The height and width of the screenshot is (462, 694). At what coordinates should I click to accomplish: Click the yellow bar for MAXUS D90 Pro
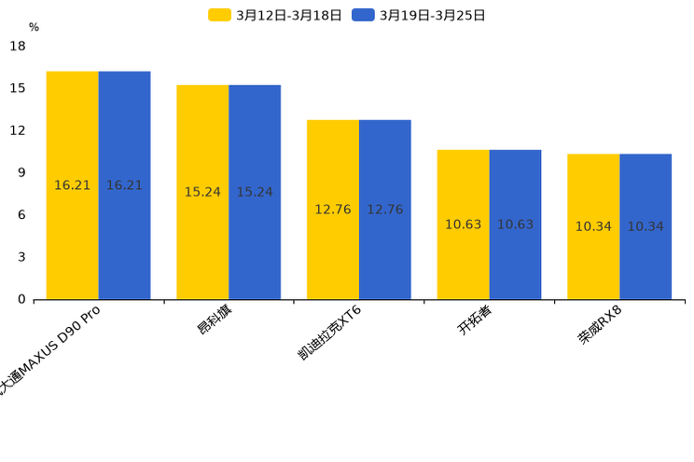73,185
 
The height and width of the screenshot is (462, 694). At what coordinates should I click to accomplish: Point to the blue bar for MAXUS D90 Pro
124,185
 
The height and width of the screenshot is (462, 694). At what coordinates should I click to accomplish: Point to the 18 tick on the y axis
18,46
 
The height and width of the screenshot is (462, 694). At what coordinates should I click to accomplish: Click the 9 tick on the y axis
21,172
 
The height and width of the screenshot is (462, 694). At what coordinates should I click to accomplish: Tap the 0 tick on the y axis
21,299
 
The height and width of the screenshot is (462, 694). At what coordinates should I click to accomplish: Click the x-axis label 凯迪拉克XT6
329,333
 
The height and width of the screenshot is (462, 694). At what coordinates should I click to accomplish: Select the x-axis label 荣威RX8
600,324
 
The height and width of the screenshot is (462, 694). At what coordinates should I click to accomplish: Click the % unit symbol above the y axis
34,28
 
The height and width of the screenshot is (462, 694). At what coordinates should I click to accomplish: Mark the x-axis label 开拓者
475,319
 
